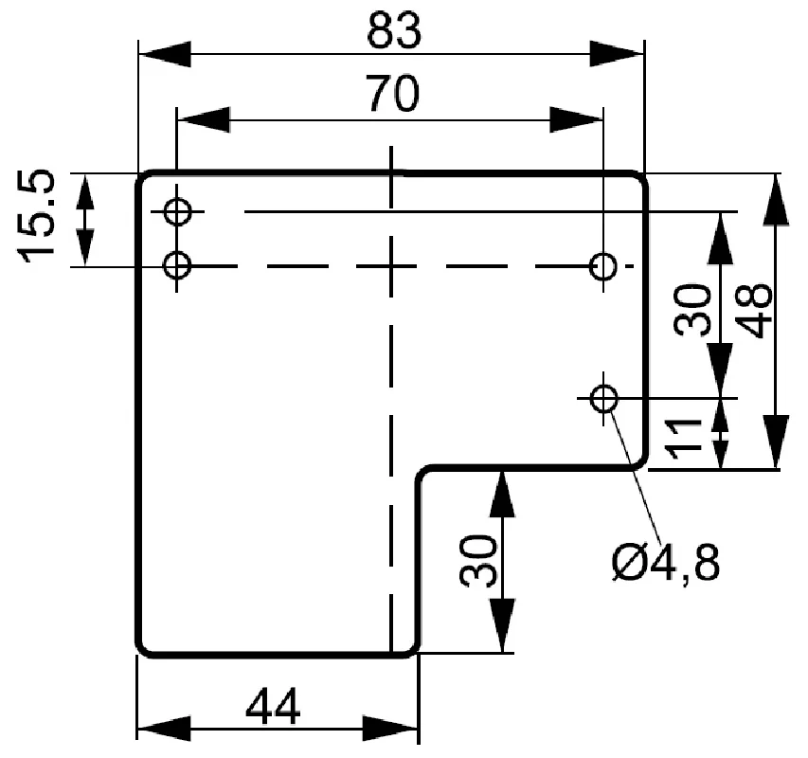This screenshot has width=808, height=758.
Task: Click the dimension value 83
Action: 394,30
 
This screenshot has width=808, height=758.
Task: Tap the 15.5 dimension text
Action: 36,216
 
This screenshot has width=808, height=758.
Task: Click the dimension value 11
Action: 684,439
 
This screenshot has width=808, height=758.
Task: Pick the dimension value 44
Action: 273,706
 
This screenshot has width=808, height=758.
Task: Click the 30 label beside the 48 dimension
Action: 692,310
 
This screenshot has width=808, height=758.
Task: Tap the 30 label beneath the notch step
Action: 478,561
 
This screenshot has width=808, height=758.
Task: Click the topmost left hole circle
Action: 178,211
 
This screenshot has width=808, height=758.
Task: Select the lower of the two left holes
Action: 177,266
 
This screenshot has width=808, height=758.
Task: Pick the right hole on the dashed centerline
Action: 602,266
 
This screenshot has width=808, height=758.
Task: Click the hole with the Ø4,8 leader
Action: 604,398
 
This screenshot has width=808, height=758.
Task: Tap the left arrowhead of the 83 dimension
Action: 165,54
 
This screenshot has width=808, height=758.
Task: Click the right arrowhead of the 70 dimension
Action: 576,120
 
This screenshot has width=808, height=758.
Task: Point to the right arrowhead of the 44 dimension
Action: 391,729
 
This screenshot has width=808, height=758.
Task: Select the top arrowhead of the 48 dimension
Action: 776,200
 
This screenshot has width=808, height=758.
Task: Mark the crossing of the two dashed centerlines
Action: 391,266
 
